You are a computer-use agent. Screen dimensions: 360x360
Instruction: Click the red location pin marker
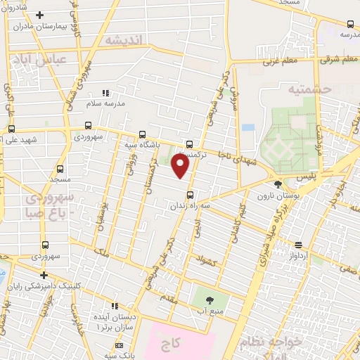coord(181,166)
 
